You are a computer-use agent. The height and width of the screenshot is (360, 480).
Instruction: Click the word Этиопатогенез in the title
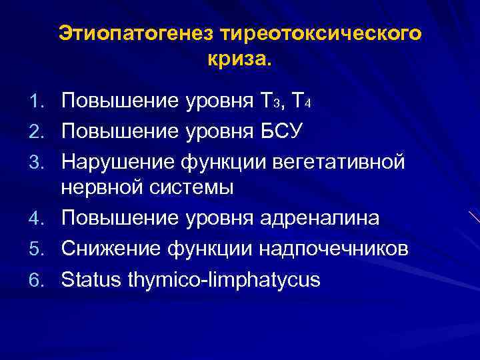(x=130, y=33)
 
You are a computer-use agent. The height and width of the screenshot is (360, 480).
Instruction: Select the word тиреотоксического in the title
(x=315, y=33)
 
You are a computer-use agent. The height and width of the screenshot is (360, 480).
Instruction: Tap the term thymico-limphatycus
(x=222, y=279)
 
